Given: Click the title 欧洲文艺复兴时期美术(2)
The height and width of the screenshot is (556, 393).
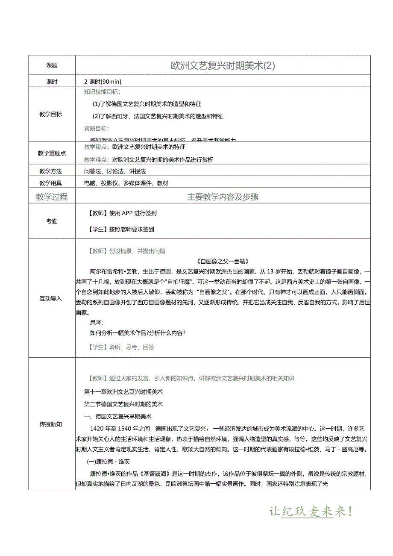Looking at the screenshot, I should tap(223, 65).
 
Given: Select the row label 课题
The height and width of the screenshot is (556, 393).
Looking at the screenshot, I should tap(52, 65).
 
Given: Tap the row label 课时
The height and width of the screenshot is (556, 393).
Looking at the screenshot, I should tap(52, 82).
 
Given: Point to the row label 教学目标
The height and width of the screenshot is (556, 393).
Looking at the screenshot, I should tap(50, 114).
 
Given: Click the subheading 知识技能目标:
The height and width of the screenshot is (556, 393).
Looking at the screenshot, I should tap(102, 91).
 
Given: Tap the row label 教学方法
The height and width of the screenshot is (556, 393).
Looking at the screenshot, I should tap(50, 171).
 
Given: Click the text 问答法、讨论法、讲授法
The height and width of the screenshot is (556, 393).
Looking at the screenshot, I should tap(115, 171).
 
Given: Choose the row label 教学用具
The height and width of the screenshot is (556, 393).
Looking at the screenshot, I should tap(50, 183).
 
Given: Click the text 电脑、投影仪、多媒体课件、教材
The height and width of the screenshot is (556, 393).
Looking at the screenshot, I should tap(126, 183).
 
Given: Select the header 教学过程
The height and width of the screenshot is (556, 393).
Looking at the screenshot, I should tap(52, 197).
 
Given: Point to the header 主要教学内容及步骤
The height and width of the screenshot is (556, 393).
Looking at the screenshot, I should tap(223, 197).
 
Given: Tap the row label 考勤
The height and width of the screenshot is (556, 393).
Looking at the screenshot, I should tap(52, 221).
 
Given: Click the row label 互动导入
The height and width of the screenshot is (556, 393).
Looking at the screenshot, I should tap(50, 298).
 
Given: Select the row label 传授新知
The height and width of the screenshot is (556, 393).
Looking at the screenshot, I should tap(50, 424).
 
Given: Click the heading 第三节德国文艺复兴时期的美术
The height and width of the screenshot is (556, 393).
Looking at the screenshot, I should tap(123, 404).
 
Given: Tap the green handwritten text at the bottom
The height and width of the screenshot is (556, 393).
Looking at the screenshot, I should tap(311, 511).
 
